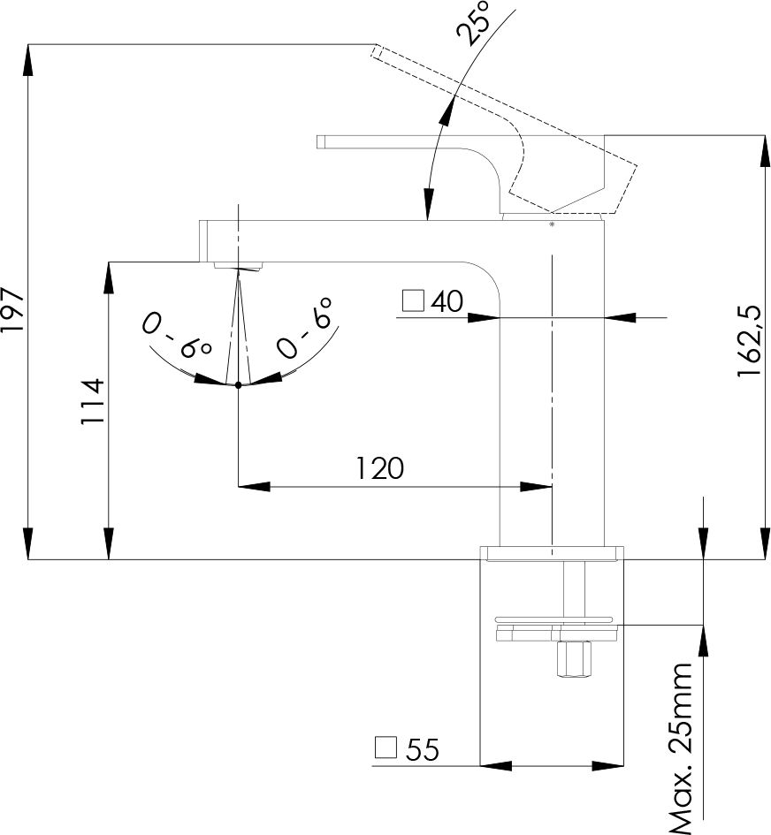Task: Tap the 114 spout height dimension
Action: pos(93,402)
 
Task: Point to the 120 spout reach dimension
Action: pos(380,467)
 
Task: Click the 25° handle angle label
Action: pos(475,23)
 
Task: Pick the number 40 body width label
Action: pos(447,302)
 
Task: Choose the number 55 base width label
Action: pos(423,750)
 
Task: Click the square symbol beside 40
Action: pos(413,300)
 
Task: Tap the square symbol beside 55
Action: pos(385,748)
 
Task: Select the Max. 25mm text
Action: pos(681,748)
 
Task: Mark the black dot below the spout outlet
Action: pos(239,384)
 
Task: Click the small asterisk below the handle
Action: pos(553,225)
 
